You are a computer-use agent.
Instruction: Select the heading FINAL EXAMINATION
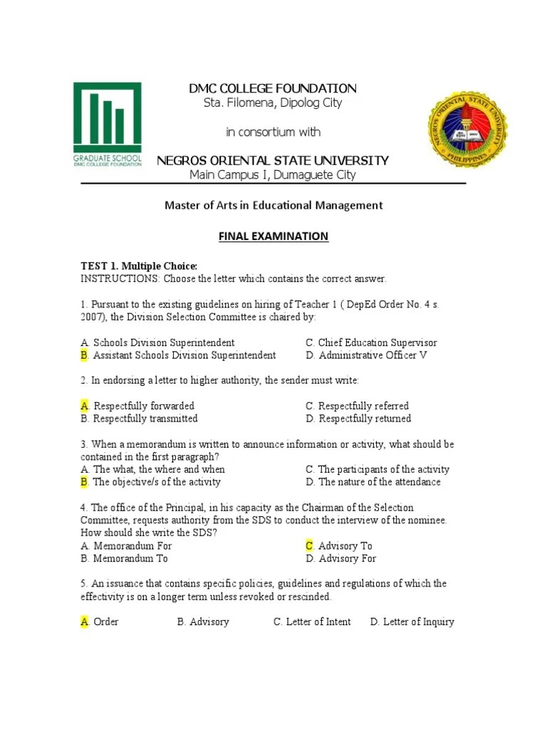273,236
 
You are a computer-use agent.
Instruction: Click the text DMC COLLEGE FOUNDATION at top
272,88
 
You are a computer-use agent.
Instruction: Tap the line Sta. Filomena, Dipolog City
273,103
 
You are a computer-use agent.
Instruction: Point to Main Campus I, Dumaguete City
272,175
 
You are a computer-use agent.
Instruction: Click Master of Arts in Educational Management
273,205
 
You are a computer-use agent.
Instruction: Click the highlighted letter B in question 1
85,355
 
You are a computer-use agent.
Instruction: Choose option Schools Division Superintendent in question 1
164,342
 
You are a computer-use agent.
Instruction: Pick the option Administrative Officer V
373,355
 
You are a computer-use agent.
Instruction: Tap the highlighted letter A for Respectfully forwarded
85,406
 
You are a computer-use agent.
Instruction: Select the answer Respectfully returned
364,419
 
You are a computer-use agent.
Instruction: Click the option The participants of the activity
383,469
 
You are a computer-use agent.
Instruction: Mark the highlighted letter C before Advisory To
310,546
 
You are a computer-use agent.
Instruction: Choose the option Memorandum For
132,546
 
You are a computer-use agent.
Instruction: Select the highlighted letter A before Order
85,622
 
